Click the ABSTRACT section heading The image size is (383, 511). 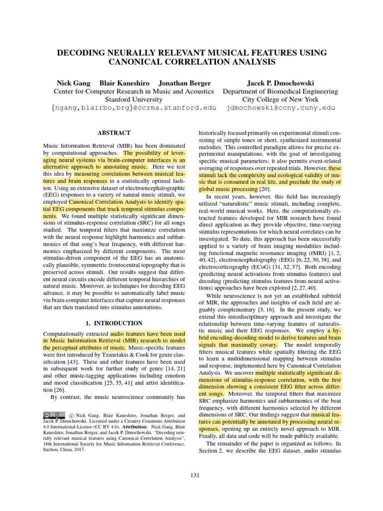coord(114,133)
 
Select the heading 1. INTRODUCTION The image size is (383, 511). coord(114,323)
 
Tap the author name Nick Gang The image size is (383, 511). coord(73,83)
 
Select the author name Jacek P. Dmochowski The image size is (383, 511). coord(280,83)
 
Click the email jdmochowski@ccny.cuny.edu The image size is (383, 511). coord(280,107)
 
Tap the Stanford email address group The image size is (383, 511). coord(134,107)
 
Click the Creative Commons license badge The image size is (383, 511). coord(54,415)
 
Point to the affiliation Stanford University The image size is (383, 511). coord(134,99)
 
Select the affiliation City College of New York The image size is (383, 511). coord(280,99)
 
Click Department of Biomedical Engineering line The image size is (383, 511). coord(280,91)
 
